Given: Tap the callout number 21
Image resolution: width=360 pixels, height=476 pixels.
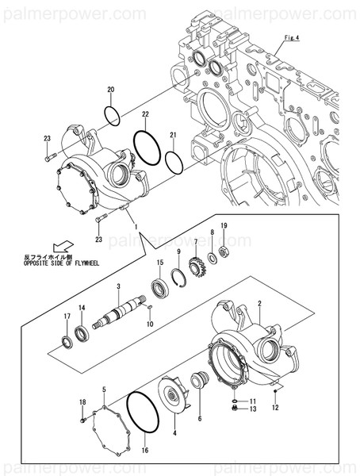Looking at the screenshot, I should tap(173, 134).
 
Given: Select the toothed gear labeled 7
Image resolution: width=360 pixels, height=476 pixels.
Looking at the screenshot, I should tap(199, 264).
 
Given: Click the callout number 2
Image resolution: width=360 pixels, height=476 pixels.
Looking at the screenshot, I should tap(259, 294).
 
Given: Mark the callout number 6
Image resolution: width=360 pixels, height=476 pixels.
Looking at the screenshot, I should tap(200, 418).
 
